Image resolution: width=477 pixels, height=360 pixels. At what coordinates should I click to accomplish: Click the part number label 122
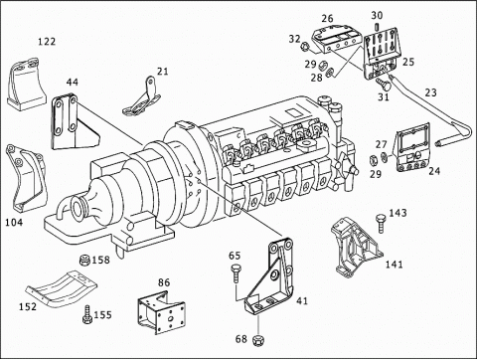click(47, 42)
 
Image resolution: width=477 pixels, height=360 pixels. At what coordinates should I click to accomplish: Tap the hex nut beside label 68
click(257, 340)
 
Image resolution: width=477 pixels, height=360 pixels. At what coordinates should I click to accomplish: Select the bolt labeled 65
click(236, 273)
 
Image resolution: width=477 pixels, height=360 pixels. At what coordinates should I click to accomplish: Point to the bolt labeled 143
click(381, 223)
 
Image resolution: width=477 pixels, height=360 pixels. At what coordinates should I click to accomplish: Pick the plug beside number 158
click(85, 260)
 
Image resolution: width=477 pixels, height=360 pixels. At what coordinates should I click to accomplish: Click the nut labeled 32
click(305, 47)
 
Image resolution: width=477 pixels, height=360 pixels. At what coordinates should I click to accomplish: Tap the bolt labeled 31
click(385, 85)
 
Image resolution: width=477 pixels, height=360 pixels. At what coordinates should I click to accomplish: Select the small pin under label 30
click(377, 26)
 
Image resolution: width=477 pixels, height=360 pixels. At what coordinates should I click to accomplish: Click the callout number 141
click(395, 265)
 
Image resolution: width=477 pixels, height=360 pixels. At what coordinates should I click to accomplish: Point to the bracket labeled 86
click(161, 312)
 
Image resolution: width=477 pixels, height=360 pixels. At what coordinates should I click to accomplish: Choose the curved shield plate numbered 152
click(62, 288)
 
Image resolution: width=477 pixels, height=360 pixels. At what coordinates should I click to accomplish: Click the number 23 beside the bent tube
click(430, 92)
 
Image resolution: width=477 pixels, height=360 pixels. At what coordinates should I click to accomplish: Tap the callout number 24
click(434, 171)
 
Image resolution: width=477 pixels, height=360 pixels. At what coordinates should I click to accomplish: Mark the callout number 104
click(14, 222)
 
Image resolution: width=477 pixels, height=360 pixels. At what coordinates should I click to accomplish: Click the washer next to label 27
click(385, 156)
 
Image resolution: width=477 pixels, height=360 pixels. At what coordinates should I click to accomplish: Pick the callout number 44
click(73, 82)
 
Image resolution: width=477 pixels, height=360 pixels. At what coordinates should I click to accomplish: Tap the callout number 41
click(302, 300)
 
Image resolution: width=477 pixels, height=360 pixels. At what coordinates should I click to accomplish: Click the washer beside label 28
click(330, 72)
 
